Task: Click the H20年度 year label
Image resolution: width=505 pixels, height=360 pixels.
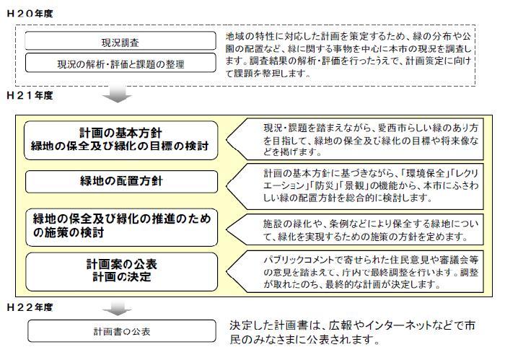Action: tap(30, 14)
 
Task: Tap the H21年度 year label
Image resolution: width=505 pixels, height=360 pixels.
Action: tap(30, 95)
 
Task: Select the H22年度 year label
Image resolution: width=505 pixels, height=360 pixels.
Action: tap(30, 307)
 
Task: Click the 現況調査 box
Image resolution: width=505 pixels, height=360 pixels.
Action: tap(120, 41)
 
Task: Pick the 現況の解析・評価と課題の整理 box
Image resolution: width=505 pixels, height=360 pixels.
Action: tap(120, 63)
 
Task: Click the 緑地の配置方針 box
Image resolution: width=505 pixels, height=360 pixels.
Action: tap(121, 182)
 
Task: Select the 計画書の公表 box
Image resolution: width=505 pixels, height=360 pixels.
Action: tap(122, 330)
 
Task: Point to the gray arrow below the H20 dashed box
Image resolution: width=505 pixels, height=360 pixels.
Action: tap(117, 94)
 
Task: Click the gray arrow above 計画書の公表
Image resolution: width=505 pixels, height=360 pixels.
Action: tap(117, 308)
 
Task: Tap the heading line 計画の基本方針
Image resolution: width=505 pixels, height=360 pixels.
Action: tap(120, 133)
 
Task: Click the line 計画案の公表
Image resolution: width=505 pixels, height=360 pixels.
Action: tap(122, 264)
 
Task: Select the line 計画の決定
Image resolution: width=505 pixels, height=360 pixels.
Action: tap(122, 277)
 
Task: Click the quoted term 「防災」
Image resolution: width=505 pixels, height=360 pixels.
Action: tap(323, 186)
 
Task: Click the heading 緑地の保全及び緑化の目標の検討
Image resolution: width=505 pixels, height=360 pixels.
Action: tap(120, 146)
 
